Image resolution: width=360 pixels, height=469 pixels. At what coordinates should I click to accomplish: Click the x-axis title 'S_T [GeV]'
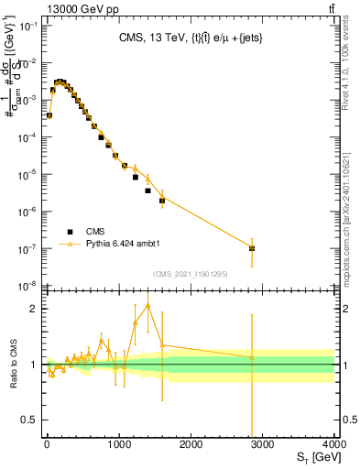(x=311, y=457)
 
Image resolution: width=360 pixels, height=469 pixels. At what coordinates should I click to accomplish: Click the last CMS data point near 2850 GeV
(x=252, y=248)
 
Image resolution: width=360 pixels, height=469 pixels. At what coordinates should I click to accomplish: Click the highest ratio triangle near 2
(x=147, y=305)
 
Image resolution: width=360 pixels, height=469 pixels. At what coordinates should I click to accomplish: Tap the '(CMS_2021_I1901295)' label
(x=191, y=273)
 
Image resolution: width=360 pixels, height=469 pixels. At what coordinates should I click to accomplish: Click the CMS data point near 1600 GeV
(x=162, y=200)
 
